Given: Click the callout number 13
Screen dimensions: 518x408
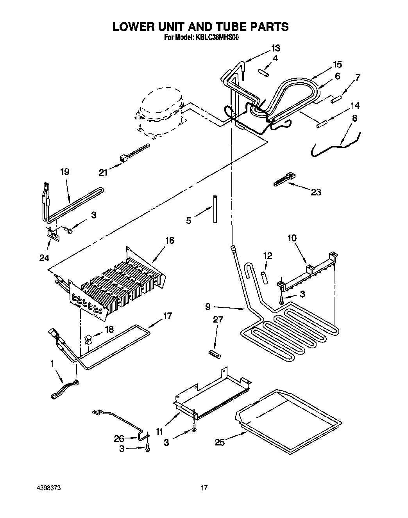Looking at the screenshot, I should click(x=276, y=48).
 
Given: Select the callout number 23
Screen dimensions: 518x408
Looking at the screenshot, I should click(x=316, y=192).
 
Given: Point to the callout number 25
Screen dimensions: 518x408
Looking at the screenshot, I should click(x=220, y=442).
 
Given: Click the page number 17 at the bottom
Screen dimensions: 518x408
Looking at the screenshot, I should click(x=204, y=488).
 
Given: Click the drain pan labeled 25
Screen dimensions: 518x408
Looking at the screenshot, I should click(x=287, y=421).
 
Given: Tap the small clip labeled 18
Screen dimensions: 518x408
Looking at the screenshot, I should click(x=88, y=339).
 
